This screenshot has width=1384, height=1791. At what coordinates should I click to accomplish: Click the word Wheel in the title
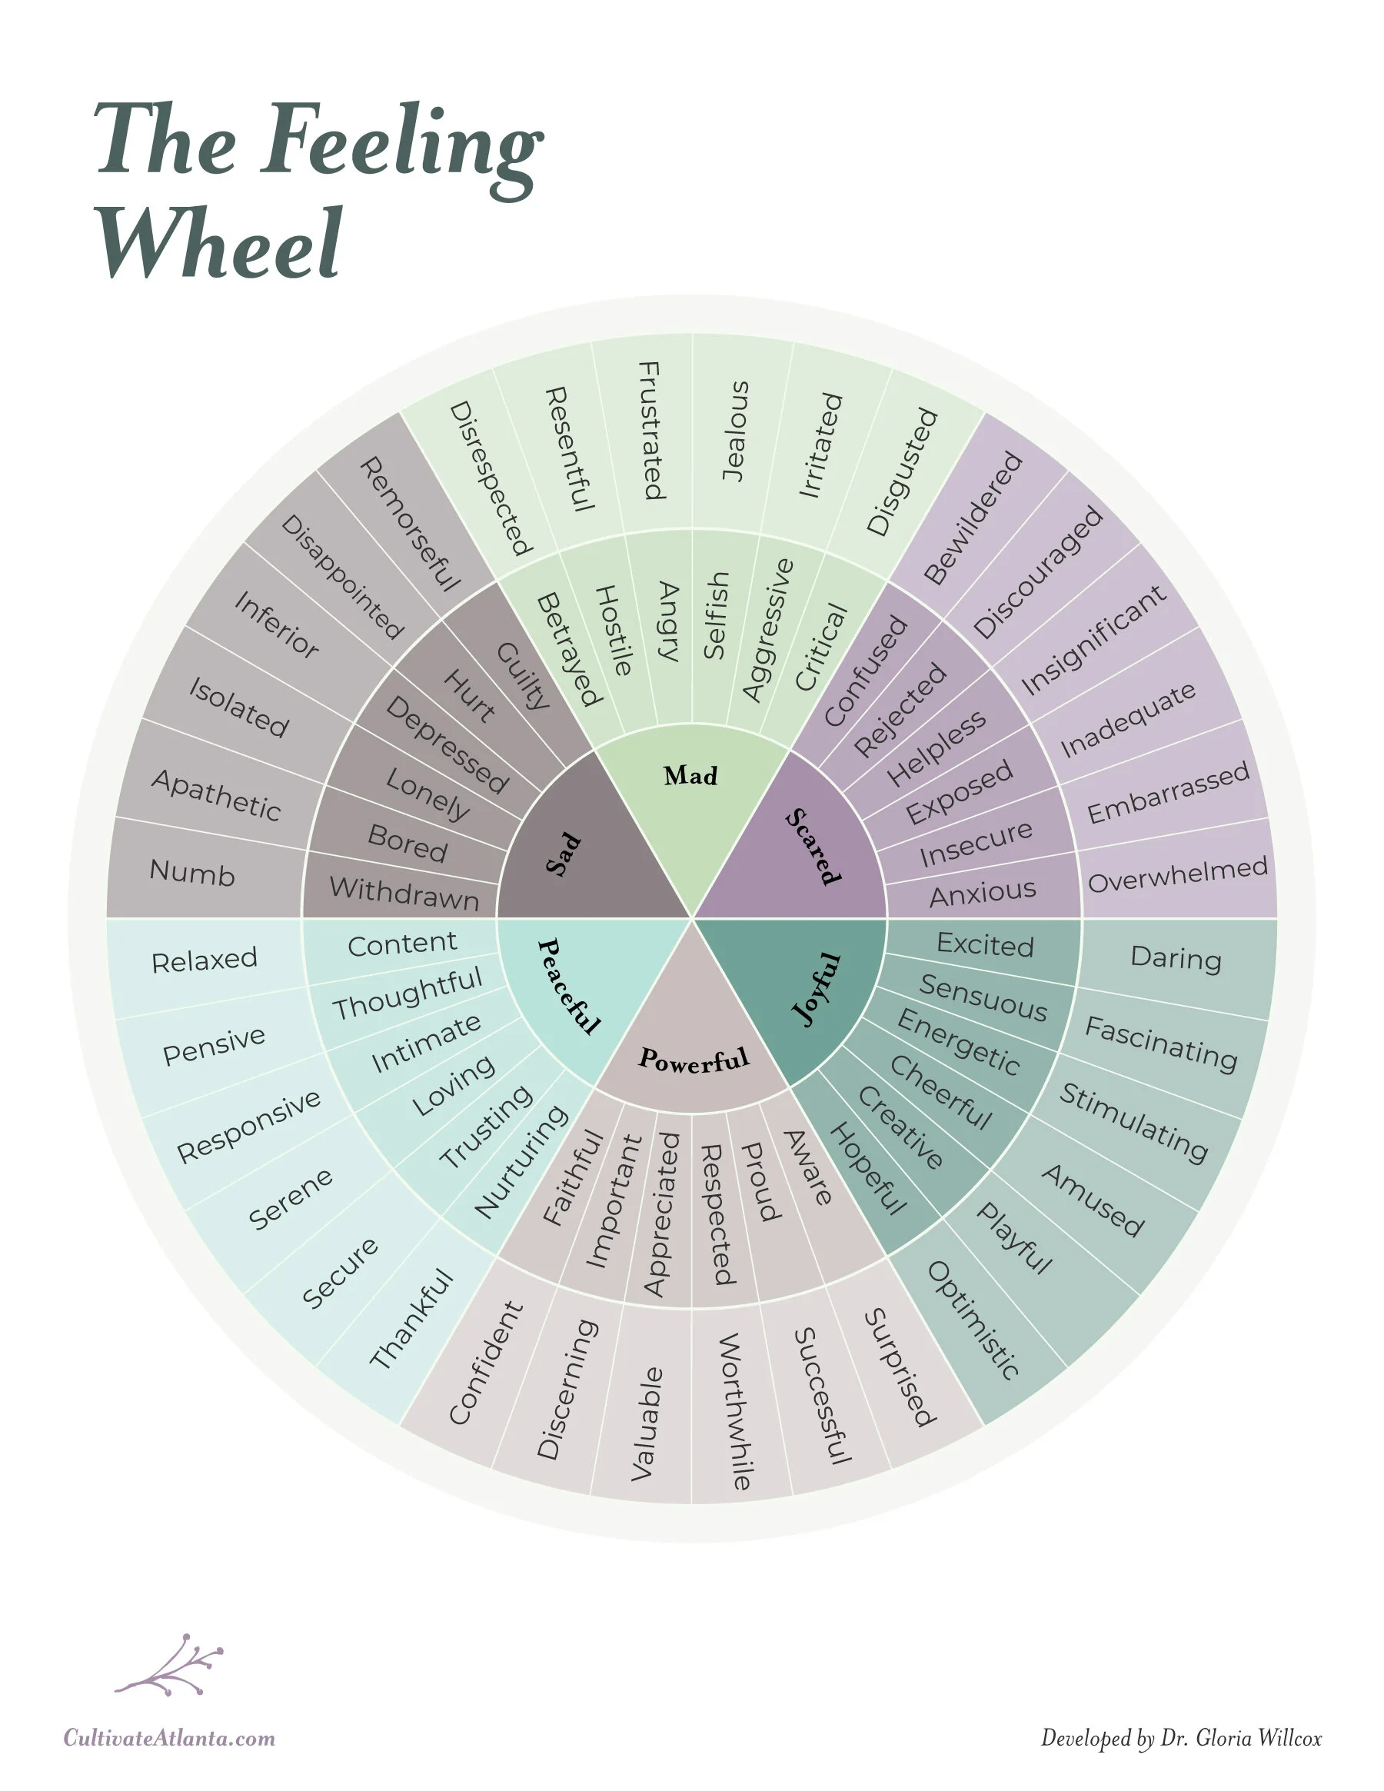point(220,244)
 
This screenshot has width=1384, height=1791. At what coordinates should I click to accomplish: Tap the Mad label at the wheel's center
point(690,775)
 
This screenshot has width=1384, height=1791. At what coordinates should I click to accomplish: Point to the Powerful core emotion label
point(694,1060)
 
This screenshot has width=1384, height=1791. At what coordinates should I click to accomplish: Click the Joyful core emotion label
point(817,989)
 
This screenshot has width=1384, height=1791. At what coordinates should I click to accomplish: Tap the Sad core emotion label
point(564,854)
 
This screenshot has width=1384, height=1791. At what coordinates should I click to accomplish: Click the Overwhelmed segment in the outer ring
point(1177,874)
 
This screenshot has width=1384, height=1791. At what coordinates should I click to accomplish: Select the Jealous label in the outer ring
point(734,431)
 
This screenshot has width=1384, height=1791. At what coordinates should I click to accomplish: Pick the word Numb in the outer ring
point(192,873)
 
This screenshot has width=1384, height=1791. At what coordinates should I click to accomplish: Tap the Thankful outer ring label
point(411,1318)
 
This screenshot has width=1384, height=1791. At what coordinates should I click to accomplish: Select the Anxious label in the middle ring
point(982,893)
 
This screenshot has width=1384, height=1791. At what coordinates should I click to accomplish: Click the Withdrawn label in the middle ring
point(404,892)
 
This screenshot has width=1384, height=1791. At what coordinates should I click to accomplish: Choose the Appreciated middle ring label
point(662,1213)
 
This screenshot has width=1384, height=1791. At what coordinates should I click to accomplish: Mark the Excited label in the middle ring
point(985,944)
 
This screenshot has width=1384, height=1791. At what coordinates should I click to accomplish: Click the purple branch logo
point(171,1666)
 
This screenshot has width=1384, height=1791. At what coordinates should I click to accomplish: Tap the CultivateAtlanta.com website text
point(170,1738)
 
